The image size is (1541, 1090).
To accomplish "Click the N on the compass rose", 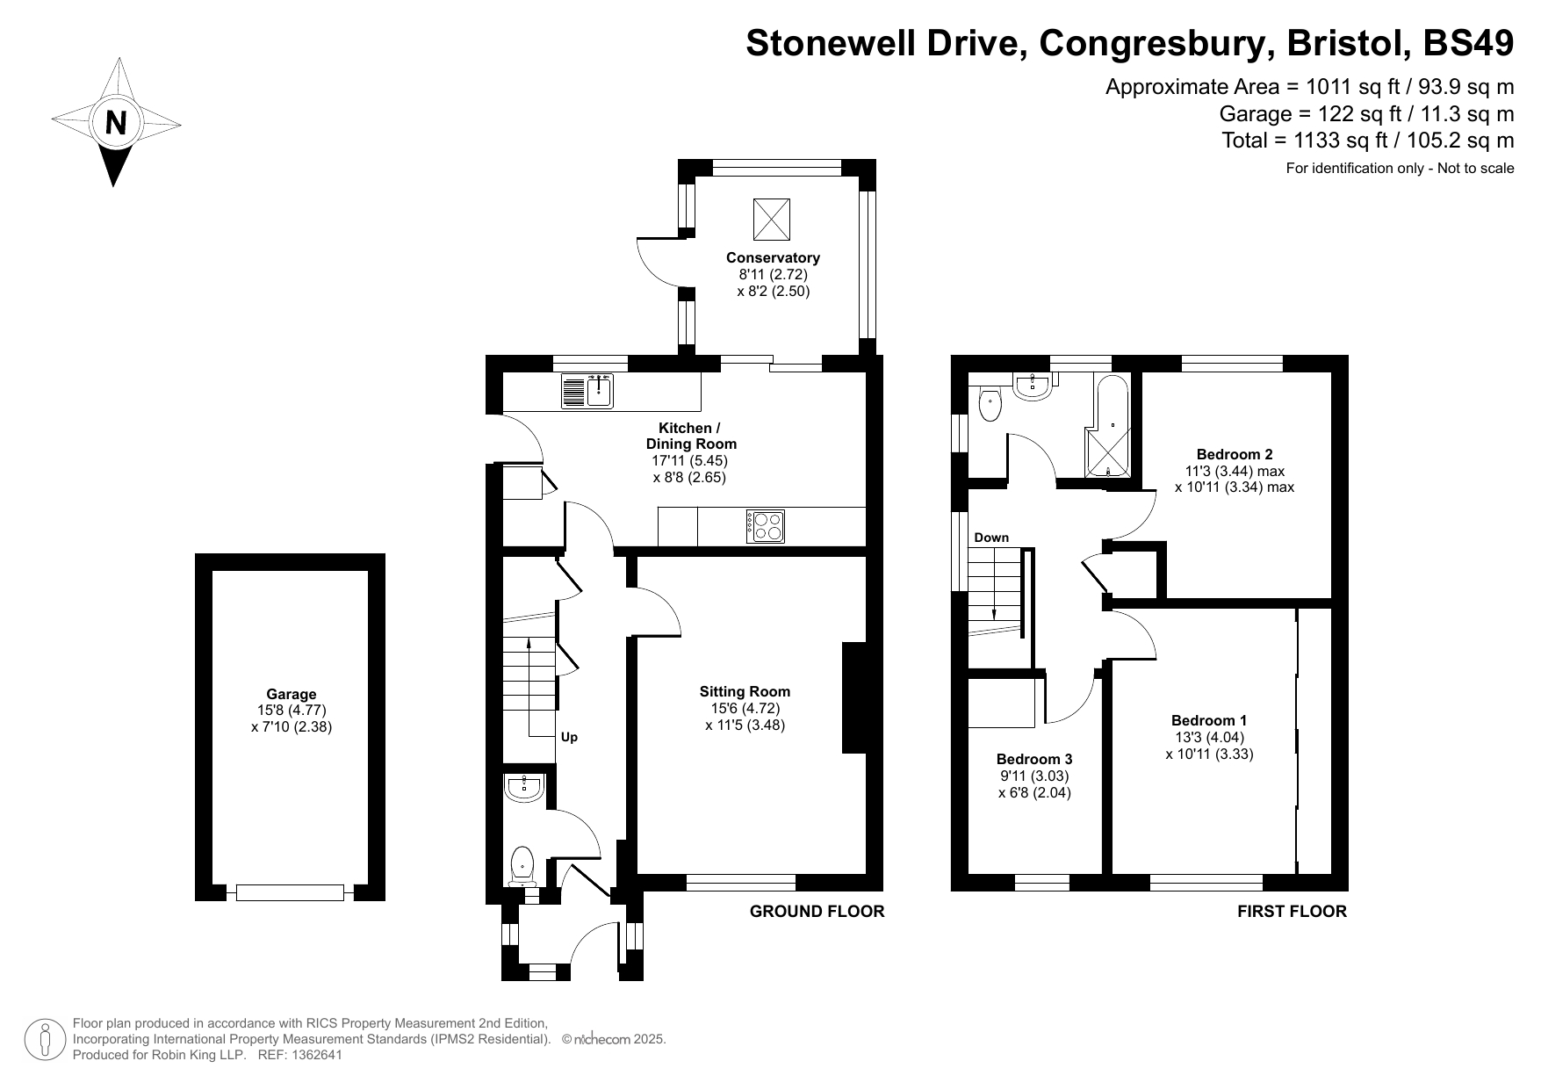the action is pos(116,122).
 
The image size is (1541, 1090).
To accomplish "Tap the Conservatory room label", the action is pos(773,257).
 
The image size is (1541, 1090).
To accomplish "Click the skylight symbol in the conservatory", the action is pos(772,219).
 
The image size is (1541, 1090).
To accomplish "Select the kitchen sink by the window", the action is pos(587,392).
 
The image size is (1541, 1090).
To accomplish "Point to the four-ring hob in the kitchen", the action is pos(766,526).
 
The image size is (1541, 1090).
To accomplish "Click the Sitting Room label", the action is pos(745,691).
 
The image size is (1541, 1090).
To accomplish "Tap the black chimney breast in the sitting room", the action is pos(854,698).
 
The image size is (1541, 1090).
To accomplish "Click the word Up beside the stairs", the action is pos(569,737).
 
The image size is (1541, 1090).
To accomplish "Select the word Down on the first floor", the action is pos(991,538).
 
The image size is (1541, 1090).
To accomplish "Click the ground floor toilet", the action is pos(522,866).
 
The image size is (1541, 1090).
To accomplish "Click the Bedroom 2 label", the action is pos(1235,454).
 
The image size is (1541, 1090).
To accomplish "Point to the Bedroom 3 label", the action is pos(1034,759).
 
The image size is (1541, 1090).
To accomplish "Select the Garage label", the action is pos(292,694).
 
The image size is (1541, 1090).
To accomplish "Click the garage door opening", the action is pos(290,892).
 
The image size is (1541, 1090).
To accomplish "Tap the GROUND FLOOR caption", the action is pos(817,912).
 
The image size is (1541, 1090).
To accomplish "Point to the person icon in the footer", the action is pos(45,1039).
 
